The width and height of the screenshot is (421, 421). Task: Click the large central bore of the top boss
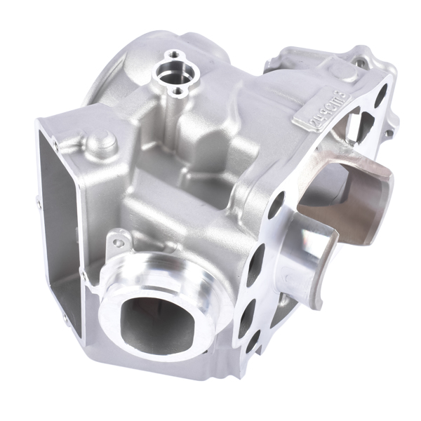169,72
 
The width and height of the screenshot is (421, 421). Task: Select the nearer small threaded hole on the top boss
178,91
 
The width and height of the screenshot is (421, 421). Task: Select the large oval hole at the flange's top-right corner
380,98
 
